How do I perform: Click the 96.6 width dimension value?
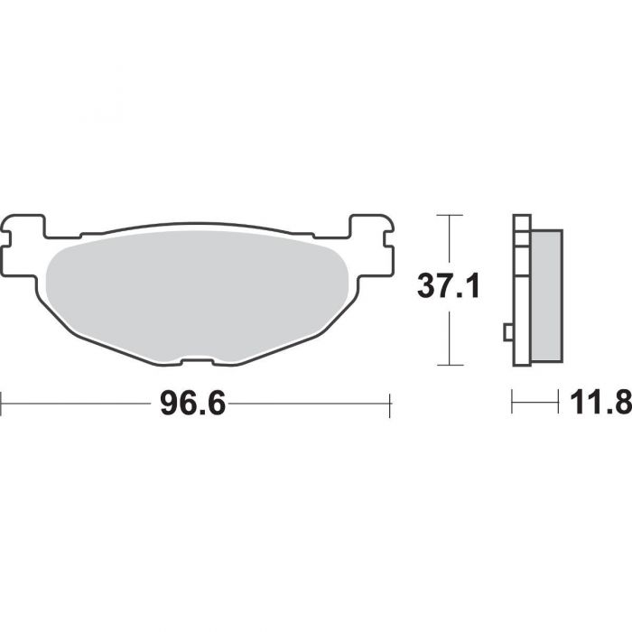coord(192,403)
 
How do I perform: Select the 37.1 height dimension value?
coord(448,286)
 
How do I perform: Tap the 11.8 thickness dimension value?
coord(600,403)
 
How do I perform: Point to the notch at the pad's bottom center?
coord(197,361)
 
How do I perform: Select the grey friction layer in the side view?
coord(547,296)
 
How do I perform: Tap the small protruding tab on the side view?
coord(508,332)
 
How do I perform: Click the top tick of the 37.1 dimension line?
coord(450,216)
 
